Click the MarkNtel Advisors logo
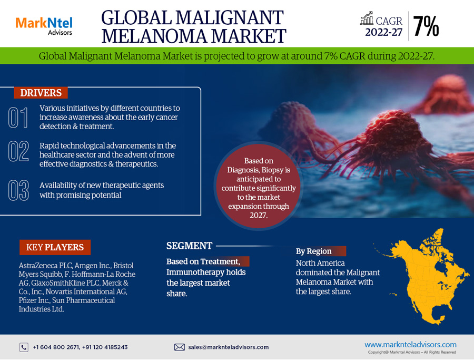(44, 26)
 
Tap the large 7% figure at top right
(426, 26)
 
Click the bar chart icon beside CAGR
(367, 18)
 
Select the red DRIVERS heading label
(41, 93)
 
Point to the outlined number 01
(18, 118)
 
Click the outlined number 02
(18, 151)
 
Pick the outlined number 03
(18, 190)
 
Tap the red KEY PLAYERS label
(55, 247)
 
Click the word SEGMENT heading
(189, 246)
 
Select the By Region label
(313, 251)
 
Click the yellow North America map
(429, 278)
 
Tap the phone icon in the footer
(24, 347)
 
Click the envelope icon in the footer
(179, 347)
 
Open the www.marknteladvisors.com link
(410, 345)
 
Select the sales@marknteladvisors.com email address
(228, 347)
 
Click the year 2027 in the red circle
(258, 215)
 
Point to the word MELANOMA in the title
(154, 36)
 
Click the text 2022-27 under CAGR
(383, 32)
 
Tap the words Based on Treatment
(203, 261)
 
